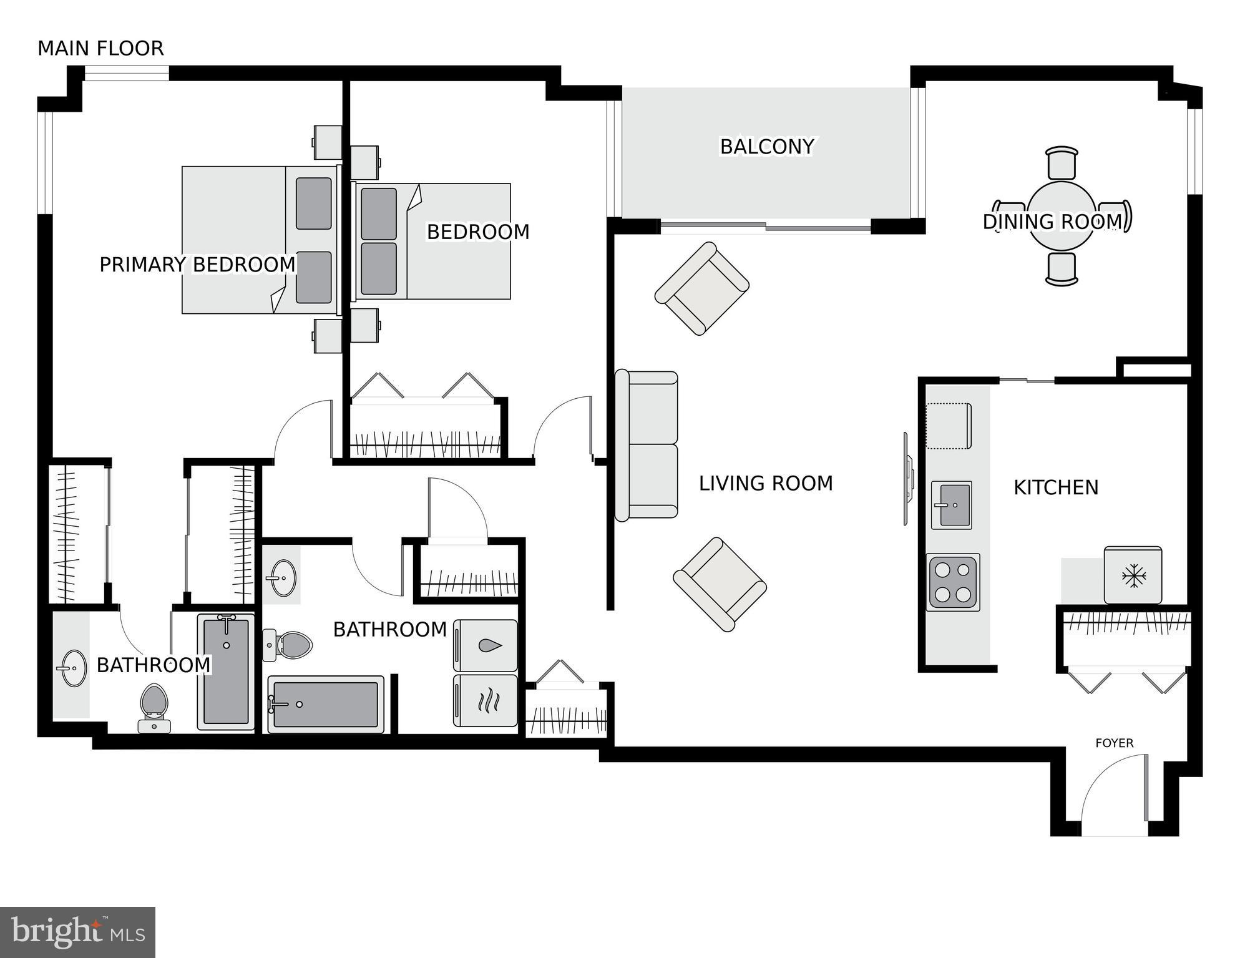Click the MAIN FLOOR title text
point(100,49)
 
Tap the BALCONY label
point(766,147)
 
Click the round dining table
point(1061,215)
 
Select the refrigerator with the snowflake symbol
point(1132,575)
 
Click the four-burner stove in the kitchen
point(952,582)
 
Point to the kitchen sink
point(951,505)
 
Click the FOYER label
point(1114,743)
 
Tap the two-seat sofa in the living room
point(647,445)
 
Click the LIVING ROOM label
point(765,484)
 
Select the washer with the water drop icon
point(486,646)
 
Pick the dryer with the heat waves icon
point(486,700)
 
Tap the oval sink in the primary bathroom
point(74,668)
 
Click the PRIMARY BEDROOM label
point(197,265)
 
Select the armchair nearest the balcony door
point(702,289)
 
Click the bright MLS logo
point(77,932)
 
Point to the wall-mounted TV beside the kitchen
point(907,479)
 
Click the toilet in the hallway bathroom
point(289,644)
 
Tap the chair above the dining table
point(1062,164)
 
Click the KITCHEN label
point(1055,487)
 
